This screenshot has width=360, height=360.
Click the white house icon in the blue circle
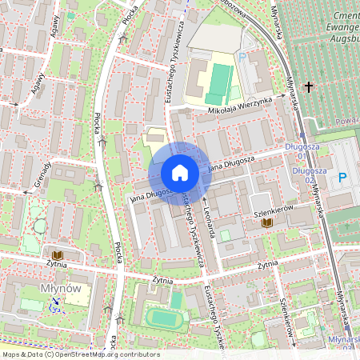(x=180, y=173)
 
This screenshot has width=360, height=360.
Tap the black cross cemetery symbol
(x=308, y=86)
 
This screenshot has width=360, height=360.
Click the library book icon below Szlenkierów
(x=268, y=222)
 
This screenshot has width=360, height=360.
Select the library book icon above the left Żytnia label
(x=58, y=255)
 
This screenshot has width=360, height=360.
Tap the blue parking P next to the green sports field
(x=242, y=58)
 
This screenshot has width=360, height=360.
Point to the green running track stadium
(x=166, y=318)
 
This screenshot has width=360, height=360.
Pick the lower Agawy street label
(x=38, y=83)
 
